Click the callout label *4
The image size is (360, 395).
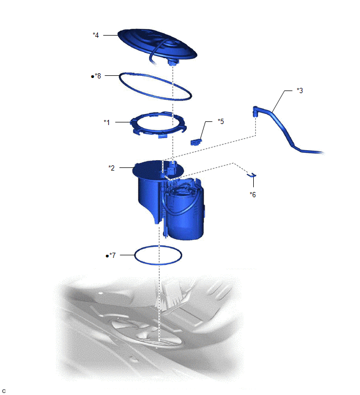pos(96,35)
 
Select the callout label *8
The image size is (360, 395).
pos(98,76)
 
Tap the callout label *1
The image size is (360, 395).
pos(107,122)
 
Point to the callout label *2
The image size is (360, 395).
pos(111,168)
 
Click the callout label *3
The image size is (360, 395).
pos(300,91)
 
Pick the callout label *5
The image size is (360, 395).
pos(221,121)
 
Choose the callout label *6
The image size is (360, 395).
pos(253,195)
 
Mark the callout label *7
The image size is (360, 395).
pos(113,255)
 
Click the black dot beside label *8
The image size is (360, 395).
pos(93,76)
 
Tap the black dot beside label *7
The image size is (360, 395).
pos(107,256)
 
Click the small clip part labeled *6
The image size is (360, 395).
pos(252,175)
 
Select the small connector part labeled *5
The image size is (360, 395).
pos(196,142)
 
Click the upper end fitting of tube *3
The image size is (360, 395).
pos(255,111)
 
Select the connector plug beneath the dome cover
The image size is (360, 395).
pos(172,62)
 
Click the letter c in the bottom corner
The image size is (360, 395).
pos(4,391)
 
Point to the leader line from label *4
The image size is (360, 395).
pos(110,35)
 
